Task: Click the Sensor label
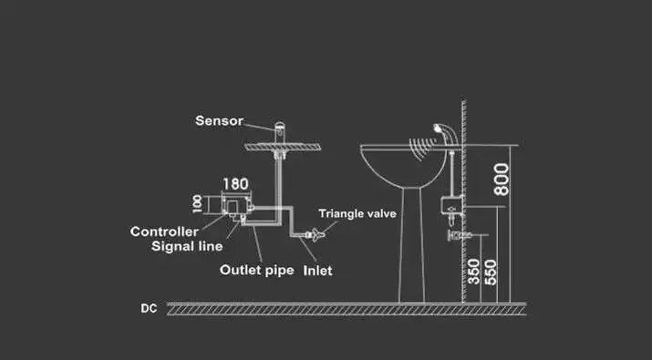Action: pos(219,120)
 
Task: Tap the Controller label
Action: pos(164,231)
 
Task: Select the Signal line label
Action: pos(187,246)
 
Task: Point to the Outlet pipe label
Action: pos(256,270)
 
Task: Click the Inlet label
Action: pos(317,271)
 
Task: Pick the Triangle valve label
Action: pos(357,213)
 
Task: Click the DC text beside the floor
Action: pos(149,308)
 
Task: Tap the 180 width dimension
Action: pos(236,184)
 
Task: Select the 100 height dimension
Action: pos(198,204)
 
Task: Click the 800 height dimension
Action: pos(502,180)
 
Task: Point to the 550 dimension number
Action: pos(491,273)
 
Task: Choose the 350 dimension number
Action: pos(474,272)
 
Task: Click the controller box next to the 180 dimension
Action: pos(236,206)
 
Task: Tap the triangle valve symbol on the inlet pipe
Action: pos(316,234)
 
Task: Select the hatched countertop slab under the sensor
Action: pos(283,147)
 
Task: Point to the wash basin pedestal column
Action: pos(411,245)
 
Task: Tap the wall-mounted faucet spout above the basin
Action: pos(445,133)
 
